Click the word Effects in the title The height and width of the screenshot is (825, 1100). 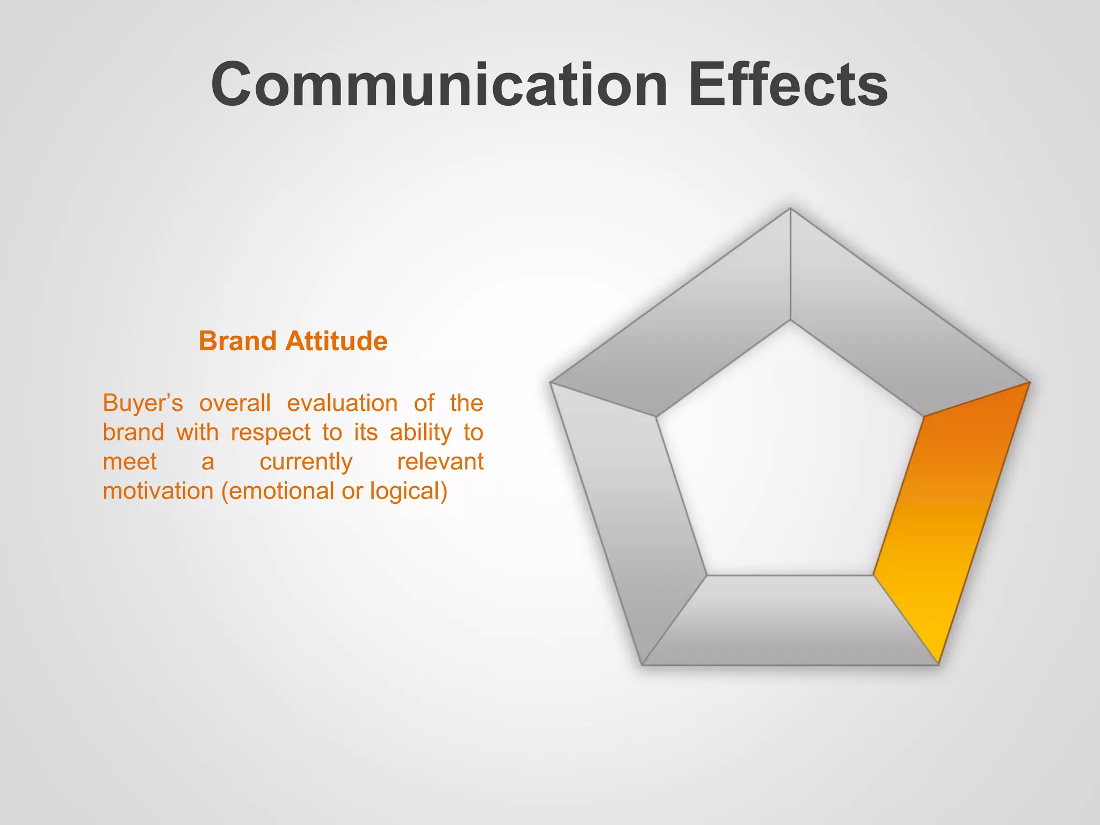click(787, 85)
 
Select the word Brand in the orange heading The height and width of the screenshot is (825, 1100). click(237, 341)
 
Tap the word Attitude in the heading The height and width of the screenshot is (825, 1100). click(336, 341)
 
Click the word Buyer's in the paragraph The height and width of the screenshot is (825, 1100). click(142, 403)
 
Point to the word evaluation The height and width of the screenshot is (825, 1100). click(342, 403)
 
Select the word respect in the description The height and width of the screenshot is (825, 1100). click(271, 432)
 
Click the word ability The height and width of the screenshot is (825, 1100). click(421, 432)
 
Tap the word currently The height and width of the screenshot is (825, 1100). click(306, 462)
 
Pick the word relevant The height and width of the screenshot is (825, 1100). click(440, 462)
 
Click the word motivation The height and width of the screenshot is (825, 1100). click(158, 491)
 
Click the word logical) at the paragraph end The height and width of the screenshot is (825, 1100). click(408, 491)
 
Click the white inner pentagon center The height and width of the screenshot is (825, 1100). click(790, 462)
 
